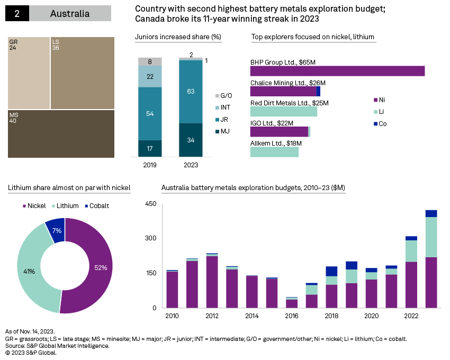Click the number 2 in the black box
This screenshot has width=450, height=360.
click(17, 13)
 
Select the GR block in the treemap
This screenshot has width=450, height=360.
click(29, 73)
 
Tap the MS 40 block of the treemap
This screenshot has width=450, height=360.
click(61, 133)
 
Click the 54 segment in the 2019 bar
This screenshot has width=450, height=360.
click(150, 113)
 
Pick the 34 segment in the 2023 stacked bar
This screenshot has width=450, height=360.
click(191, 140)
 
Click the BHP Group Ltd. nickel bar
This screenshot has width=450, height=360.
click(337, 71)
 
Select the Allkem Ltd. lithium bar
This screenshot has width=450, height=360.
click(274, 152)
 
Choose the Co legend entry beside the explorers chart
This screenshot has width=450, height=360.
click(381, 123)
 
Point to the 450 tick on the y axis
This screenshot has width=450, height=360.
click(150, 204)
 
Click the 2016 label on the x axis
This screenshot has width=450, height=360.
click(292, 316)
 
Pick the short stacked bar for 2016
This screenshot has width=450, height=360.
click(292, 302)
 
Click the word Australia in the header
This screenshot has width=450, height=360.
click(70, 13)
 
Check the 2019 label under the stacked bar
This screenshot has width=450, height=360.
click(150, 165)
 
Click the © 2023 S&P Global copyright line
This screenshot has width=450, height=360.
click(31, 352)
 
